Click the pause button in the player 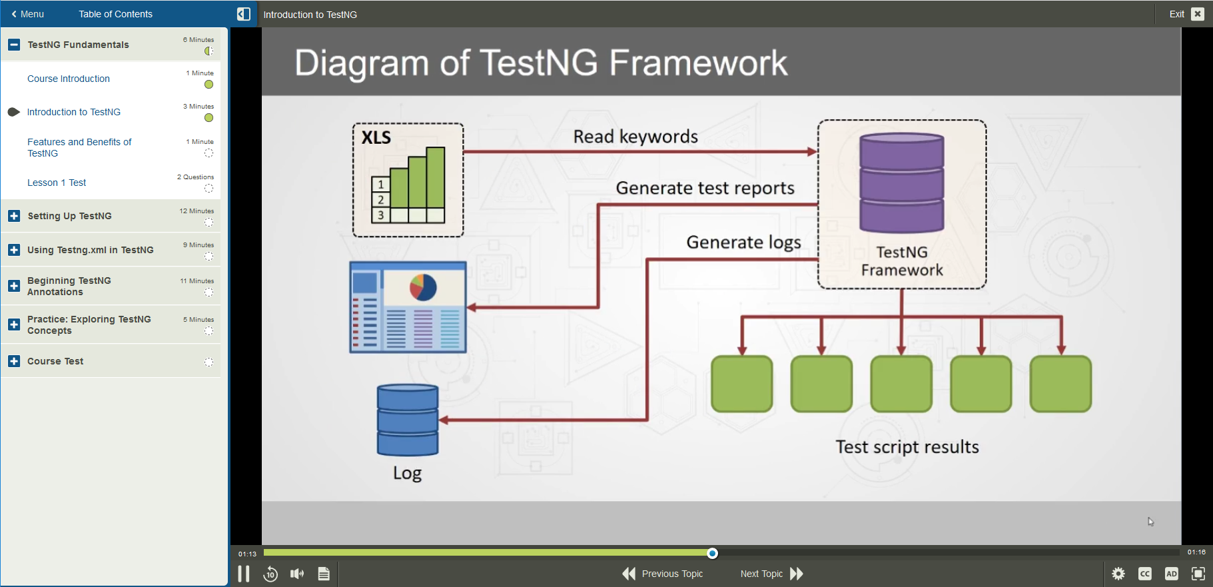coord(244,574)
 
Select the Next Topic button coord(771,574)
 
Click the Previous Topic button coord(663,574)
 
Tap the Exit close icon coord(1198,14)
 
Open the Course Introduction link coord(69,79)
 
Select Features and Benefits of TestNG coord(79,147)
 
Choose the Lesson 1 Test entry coord(57,183)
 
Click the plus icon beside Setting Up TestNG coord(14,216)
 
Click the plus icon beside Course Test coord(14,361)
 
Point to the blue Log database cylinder coord(407,420)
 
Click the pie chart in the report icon coord(423,287)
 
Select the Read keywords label coord(635,137)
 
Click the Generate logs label coord(743,242)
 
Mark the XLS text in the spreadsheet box coord(376,138)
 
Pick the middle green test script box coord(901,384)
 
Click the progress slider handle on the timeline coord(712,553)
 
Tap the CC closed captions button coord(1144,574)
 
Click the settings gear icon coord(1118,574)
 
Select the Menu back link coord(27,14)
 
